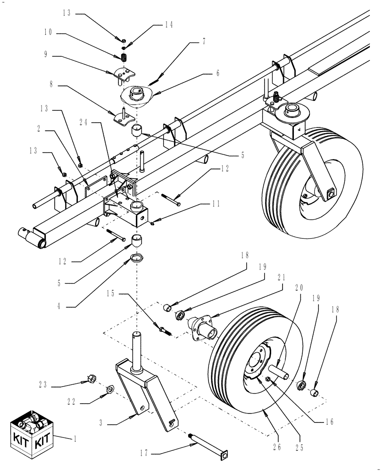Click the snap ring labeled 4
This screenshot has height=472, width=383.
coord(137,258)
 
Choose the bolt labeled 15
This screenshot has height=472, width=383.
coord(166,329)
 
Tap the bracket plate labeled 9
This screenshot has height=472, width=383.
coord(125,75)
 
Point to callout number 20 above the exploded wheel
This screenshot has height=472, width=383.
coord(298,288)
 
